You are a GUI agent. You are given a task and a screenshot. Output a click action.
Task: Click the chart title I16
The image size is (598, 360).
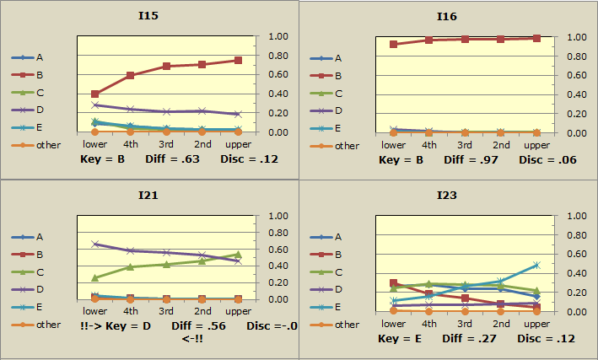[447, 15]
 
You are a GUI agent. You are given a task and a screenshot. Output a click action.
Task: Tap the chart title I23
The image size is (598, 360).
[447, 195]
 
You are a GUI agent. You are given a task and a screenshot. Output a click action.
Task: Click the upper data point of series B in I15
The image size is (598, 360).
[238, 60]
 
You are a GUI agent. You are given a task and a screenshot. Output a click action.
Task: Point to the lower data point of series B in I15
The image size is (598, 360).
[94, 94]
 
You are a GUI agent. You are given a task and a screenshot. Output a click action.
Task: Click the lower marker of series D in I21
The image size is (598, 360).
[94, 244]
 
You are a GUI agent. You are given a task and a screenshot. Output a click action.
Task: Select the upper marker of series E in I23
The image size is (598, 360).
[536, 265]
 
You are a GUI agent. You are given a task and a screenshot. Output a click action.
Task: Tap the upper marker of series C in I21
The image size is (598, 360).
[238, 254]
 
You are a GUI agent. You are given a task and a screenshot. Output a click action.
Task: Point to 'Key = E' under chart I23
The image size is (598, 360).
[399, 338]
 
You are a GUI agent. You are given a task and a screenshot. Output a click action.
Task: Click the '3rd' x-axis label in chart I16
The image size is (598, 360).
[465, 145]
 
